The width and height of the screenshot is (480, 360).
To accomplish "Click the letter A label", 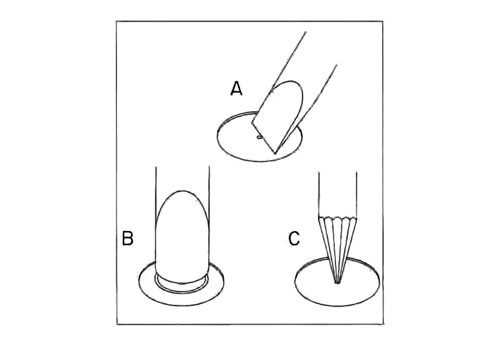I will pos(236,89).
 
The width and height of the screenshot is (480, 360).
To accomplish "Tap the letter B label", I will pos(127,239).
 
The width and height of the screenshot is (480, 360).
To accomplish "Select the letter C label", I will pos(294,239).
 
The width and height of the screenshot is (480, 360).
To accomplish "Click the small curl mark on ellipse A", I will pos(259,137).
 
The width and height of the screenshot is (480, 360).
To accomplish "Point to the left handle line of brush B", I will pos(156,186).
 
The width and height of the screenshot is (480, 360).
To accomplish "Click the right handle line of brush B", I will pos(209,186).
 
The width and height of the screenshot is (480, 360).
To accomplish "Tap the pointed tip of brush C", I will pos(338,282).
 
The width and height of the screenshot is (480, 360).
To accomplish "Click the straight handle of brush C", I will pos(338,192).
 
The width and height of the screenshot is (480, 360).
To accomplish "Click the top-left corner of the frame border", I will pos(117,22).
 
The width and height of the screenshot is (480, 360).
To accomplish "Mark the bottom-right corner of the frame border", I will pos(383,324).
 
